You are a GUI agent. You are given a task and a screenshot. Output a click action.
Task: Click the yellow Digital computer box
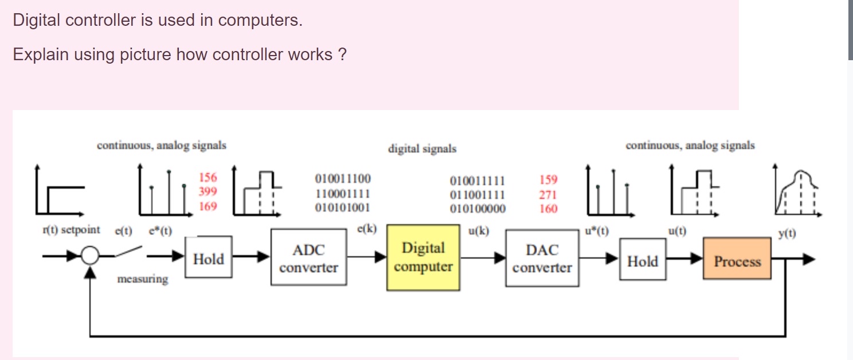pos(423,257)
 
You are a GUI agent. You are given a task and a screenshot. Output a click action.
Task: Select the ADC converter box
pos(308,258)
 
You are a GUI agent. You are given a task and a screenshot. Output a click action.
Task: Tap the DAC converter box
pos(542,258)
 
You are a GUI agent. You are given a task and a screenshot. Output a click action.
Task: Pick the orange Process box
pos(737,261)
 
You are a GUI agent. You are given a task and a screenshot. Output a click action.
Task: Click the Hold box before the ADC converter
pos(209,259)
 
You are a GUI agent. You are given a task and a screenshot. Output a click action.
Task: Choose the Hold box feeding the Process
pos(643,261)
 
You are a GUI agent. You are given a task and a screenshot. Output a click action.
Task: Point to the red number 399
pos(208,191)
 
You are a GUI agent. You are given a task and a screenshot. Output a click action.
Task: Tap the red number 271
pos(548,194)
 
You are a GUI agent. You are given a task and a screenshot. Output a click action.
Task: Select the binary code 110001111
pos(342,193)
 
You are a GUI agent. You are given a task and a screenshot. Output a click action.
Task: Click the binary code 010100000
pos(478,209)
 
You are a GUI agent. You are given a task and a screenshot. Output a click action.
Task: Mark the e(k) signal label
pos(367,229)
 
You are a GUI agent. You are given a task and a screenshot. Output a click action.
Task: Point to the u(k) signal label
pos(479,232)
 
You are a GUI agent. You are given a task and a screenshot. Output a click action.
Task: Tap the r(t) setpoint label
pos(71,230)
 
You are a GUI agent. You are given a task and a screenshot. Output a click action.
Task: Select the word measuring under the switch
pos(142,279)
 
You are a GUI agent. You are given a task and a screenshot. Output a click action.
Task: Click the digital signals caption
pos(422,149)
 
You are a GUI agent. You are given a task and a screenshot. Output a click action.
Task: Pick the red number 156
pos(208,178)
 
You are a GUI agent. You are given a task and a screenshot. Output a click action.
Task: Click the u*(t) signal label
pos(596,232)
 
